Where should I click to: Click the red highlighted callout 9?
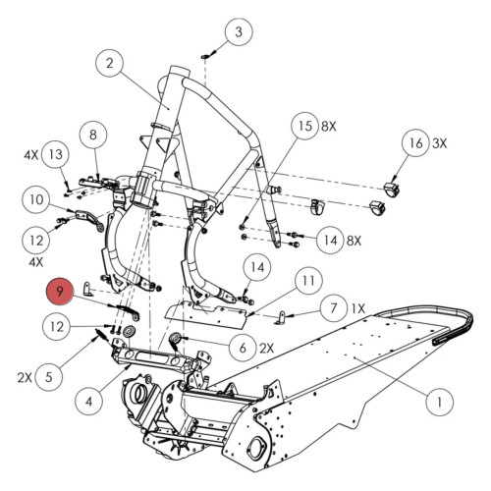tap(61, 292)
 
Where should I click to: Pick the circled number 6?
tap(242, 347)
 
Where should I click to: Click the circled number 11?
tap(308, 283)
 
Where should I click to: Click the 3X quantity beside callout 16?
tap(442, 143)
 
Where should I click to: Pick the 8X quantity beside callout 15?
tap(331, 127)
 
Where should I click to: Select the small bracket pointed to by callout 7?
tap(286, 316)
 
